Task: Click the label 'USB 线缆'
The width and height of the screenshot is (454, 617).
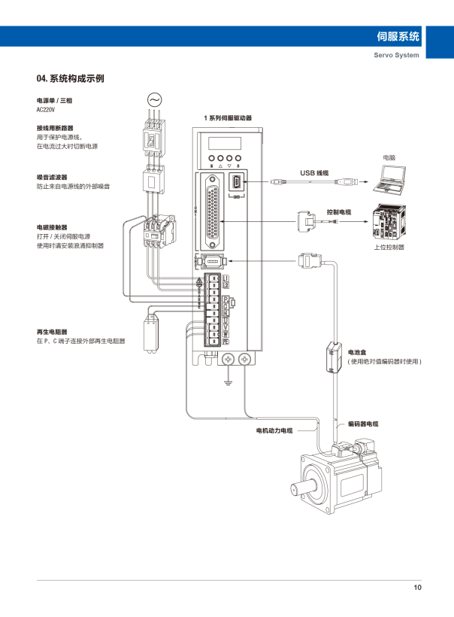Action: (x=315, y=173)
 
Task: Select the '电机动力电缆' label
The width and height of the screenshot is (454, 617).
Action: (x=274, y=430)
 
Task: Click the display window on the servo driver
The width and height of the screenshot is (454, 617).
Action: (x=225, y=143)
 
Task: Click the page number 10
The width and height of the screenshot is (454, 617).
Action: (x=417, y=588)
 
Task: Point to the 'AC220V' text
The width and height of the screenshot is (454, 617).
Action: (x=47, y=108)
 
